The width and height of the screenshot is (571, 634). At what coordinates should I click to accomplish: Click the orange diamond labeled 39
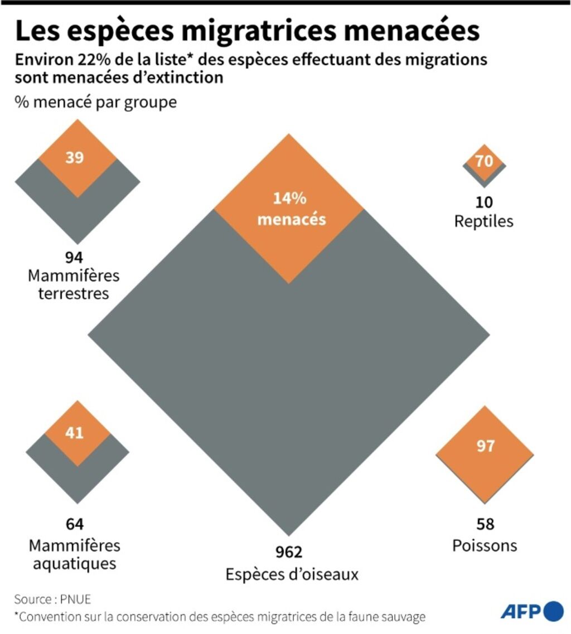[77, 158]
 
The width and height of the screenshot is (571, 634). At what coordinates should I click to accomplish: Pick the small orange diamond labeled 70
[484, 162]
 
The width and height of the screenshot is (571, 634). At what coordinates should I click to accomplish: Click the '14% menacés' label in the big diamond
[289, 209]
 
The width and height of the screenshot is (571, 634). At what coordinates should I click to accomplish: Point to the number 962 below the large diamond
[289, 552]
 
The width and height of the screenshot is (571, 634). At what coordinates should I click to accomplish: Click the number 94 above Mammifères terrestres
[74, 258]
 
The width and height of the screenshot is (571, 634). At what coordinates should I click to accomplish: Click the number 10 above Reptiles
[484, 202]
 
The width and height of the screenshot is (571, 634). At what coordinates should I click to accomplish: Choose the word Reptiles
[484, 221]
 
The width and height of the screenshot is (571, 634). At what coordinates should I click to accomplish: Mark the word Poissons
[484, 545]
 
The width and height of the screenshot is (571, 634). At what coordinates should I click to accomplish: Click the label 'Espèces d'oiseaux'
[292, 574]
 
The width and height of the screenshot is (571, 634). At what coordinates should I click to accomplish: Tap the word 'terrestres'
[74, 293]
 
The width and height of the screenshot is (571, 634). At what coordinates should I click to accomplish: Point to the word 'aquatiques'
[74, 563]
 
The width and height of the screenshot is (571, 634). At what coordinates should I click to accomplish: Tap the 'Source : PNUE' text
[52, 599]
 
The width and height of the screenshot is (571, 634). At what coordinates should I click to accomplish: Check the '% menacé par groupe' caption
[96, 103]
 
